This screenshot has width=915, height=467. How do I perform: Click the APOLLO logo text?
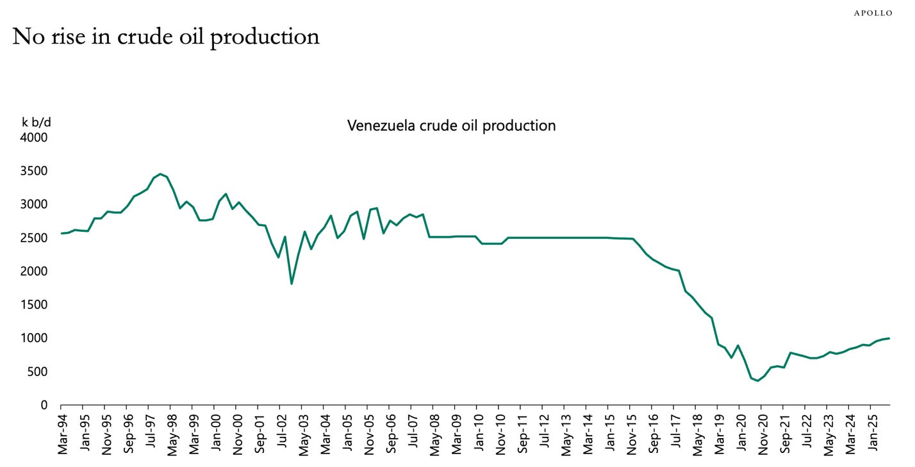873,13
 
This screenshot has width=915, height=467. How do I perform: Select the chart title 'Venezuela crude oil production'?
451,126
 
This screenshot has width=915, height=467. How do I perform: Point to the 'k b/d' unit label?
37,122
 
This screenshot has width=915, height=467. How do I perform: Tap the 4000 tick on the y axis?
36,138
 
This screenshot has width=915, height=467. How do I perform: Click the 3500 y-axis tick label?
36,171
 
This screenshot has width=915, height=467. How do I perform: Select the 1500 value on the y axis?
36,305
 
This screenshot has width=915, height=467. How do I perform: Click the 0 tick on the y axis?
44,405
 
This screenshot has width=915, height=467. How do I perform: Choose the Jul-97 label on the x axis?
149,434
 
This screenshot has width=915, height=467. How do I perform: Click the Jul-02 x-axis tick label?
280,434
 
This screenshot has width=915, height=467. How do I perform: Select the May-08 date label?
433,434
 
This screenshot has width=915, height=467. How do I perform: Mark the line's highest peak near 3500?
160,174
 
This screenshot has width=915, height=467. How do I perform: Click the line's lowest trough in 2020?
758,381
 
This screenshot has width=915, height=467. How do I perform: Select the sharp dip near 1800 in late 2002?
292,283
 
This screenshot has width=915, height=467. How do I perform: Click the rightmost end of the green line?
889,338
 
